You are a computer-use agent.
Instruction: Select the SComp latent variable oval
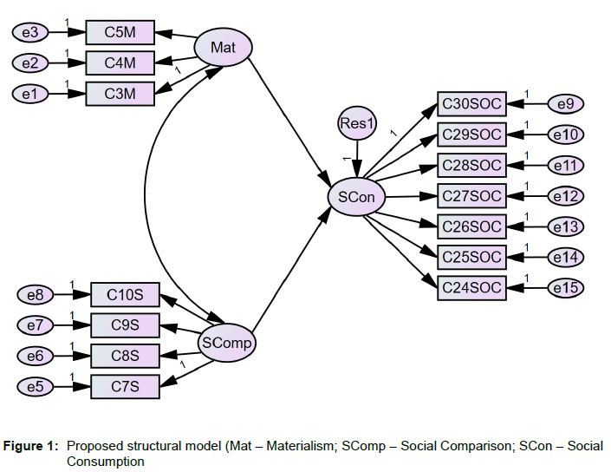pos(226,343)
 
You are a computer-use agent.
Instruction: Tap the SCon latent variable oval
pos(356,197)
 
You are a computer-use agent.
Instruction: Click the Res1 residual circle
pos(356,125)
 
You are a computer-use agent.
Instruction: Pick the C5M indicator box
pos(120,33)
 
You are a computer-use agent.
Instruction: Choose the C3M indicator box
pos(120,93)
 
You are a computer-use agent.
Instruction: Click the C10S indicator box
pos(126,295)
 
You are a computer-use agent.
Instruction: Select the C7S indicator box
pos(126,386)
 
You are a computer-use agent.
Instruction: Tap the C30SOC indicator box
pos(471,104)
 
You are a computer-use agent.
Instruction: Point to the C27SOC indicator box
pos(471,196)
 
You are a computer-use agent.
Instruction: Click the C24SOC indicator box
pos(471,287)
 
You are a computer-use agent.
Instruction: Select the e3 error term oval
pos(30,33)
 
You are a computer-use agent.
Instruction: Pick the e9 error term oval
pos(565,104)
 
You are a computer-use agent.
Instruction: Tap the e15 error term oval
pos(565,287)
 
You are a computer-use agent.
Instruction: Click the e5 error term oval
pos(36,386)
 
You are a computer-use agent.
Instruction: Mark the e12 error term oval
pos(565,196)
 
